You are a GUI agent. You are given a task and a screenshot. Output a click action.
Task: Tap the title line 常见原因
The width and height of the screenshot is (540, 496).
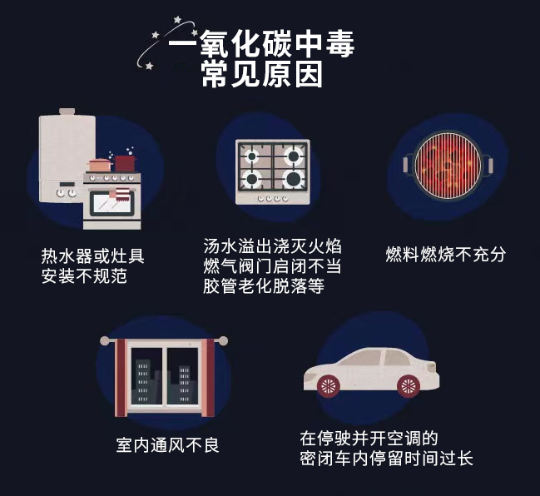(x=261, y=76)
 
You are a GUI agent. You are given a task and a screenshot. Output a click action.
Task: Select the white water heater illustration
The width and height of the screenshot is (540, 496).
(x=64, y=158)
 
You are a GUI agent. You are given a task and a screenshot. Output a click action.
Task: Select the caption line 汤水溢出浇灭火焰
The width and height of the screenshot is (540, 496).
(x=273, y=246)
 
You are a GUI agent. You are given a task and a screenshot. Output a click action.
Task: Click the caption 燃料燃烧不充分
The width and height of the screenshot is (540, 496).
(x=446, y=254)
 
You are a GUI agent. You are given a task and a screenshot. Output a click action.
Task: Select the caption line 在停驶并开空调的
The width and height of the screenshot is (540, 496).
(x=369, y=438)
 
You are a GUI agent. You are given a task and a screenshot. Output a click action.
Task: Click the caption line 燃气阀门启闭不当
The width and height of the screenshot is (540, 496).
(x=273, y=266)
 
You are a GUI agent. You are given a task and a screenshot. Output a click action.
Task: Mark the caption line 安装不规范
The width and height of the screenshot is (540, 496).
(x=84, y=275)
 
